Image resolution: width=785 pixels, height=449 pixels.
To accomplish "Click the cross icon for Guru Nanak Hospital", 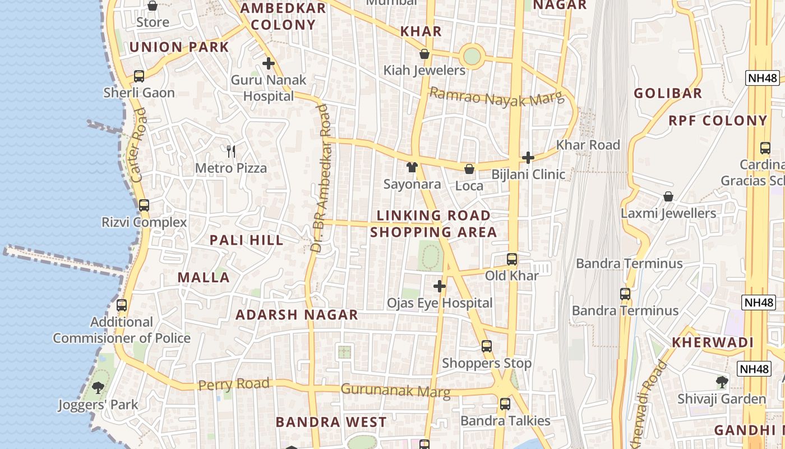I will coord(269,63).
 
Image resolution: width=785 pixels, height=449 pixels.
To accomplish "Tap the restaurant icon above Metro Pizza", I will coord(230,150).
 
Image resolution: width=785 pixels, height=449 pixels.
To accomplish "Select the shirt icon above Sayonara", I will coord(412,167).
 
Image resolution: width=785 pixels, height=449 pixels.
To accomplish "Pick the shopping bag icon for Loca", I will coord(469,168).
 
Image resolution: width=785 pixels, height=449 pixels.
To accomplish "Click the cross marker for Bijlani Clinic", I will coord(528,158).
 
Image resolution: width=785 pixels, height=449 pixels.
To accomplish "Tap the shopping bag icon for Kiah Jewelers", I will coord(424,54).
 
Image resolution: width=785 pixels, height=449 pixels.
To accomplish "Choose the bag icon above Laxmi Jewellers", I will coord(668,196).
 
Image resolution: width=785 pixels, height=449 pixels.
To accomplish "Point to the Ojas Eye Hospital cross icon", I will coord(440,286).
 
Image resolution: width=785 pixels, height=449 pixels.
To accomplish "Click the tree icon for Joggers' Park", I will coord(98,387).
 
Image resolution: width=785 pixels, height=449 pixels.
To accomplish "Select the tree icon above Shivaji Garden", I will coord(722,382).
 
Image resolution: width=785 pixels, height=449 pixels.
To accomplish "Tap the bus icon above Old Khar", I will coord(511,259).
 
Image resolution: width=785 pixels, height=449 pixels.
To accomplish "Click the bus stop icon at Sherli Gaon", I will coord(138,76).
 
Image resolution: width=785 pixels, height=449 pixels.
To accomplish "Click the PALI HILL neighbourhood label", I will coord(246,240).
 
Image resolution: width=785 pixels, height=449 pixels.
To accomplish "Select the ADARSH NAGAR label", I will coord(297,315).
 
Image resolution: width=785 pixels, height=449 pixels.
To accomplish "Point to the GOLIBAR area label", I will coord(668,93).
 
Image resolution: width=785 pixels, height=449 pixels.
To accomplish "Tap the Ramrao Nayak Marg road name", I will coord(496,97).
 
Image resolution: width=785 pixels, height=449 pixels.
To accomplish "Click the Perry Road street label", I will coord(234,384).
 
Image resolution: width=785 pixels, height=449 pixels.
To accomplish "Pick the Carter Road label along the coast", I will coord(138,145).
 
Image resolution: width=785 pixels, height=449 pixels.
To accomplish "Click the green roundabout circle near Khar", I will coord(472,56).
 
